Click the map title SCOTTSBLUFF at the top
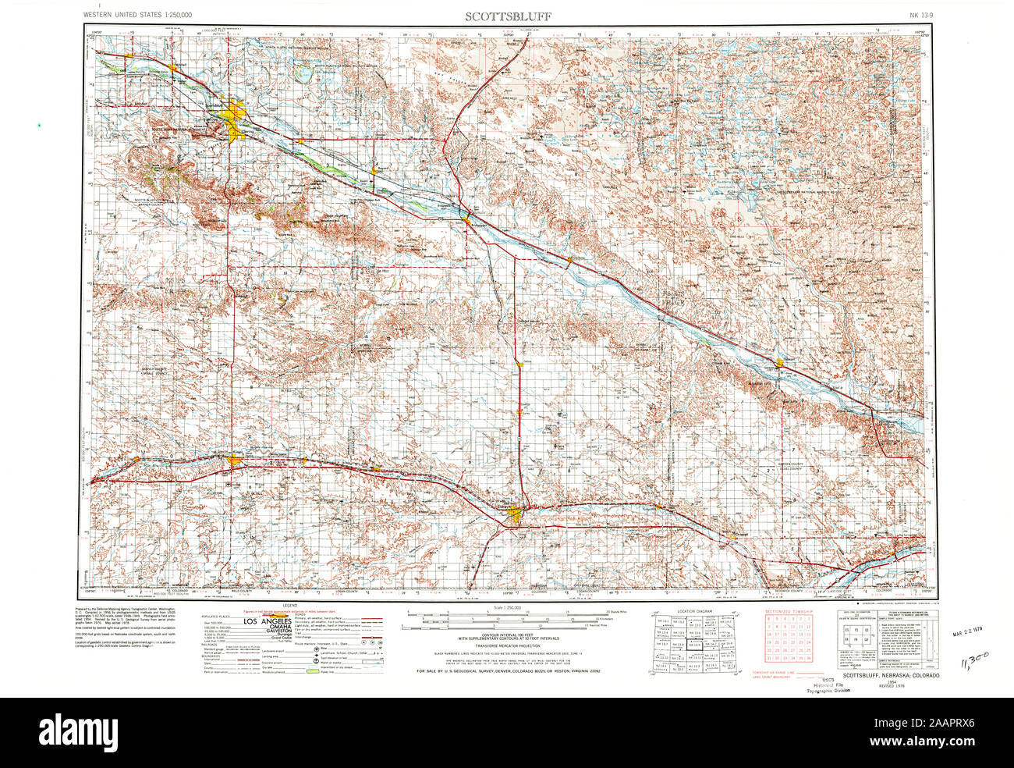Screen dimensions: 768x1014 pos(508,15)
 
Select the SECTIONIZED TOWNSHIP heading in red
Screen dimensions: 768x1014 pos(787,610)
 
